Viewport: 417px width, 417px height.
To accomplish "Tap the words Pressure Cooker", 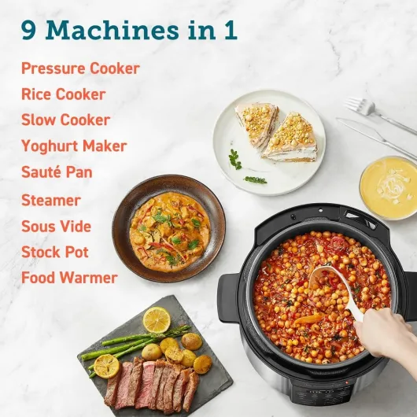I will click(x=80, y=68).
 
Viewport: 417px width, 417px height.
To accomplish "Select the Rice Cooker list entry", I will click(x=63, y=94).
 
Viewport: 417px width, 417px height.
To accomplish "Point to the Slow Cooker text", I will click(x=65, y=120).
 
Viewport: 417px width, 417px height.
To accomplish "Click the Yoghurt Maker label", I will click(x=74, y=146).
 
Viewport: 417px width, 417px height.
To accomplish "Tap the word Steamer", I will click(x=51, y=201).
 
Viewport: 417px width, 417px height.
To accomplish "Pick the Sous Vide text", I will click(x=57, y=227).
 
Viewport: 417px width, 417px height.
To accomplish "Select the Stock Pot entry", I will click(x=55, y=253).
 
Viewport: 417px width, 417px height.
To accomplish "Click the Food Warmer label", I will click(x=69, y=279).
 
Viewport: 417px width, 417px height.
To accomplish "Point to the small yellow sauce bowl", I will click(x=388, y=187).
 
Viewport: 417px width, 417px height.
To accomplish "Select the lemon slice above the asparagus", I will click(x=157, y=319).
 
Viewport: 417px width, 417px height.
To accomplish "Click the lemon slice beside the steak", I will click(x=105, y=365).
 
